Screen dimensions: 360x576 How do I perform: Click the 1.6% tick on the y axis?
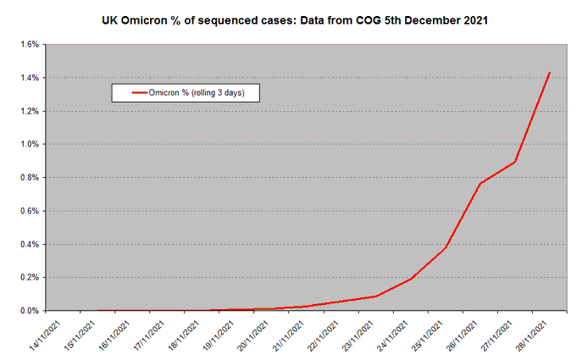click(x=28, y=45)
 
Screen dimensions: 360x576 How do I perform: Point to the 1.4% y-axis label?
click(x=28, y=78)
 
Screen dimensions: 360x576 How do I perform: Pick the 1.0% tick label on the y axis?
click(x=28, y=145)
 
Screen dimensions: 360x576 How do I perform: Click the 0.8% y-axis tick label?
click(x=28, y=178)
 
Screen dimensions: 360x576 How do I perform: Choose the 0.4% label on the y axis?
click(x=28, y=245)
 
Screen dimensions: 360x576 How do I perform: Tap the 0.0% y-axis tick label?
click(x=28, y=311)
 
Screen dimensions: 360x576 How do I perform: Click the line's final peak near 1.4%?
click(x=550, y=73)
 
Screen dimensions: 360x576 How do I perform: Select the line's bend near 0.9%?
click(x=515, y=162)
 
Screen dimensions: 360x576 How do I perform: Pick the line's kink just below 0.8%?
click(x=480, y=184)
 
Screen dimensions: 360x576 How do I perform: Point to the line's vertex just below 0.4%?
click(x=446, y=248)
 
